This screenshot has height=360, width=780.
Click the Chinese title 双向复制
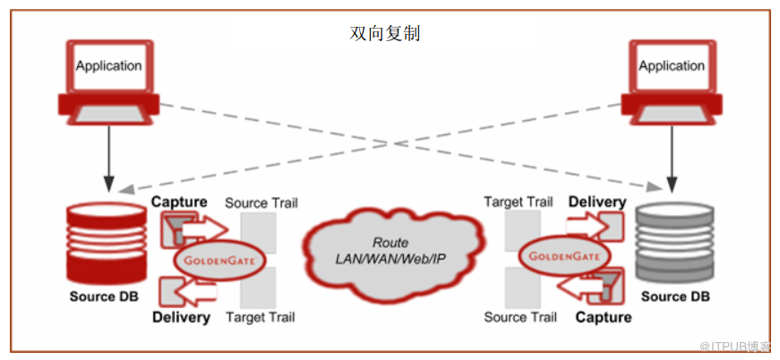(x=384, y=34)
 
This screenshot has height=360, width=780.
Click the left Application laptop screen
(x=108, y=66)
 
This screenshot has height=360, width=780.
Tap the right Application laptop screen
(x=672, y=66)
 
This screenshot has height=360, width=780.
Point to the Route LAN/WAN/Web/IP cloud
(x=390, y=250)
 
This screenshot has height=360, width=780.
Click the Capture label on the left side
(x=179, y=202)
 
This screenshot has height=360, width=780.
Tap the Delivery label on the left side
(x=181, y=317)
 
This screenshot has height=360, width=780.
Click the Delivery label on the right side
(x=596, y=202)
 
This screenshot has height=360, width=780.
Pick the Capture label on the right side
(x=603, y=317)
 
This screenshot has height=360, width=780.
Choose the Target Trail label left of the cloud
(x=260, y=317)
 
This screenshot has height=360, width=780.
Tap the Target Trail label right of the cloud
(x=519, y=203)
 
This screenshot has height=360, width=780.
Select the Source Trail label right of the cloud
(x=519, y=317)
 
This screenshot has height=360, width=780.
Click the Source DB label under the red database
(x=104, y=296)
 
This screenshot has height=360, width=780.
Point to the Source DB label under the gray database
(x=676, y=296)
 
